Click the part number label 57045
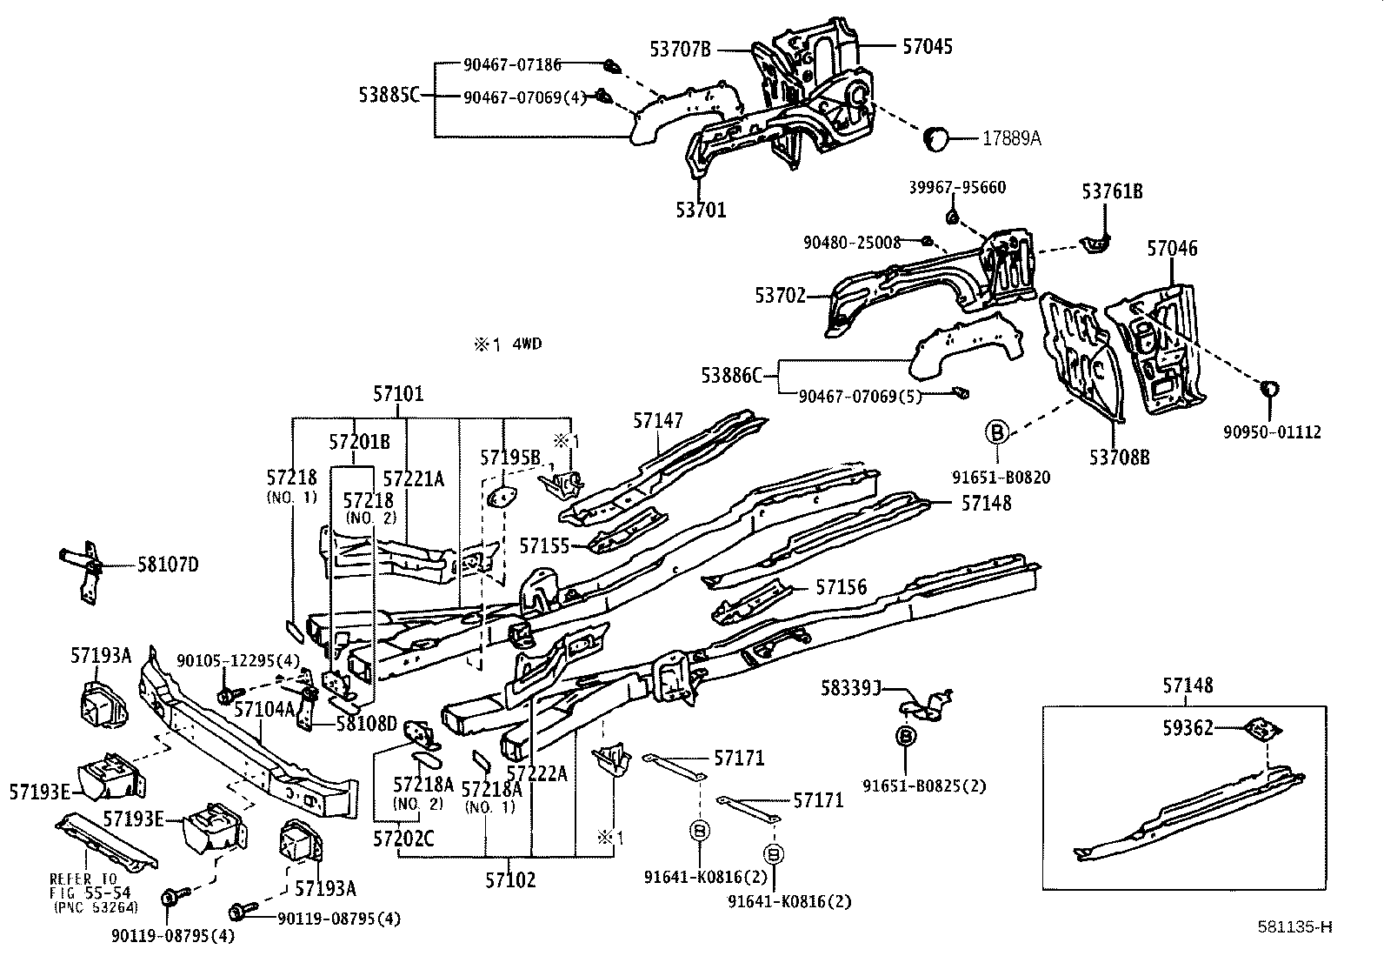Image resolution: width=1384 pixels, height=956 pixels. [x=927, y=47]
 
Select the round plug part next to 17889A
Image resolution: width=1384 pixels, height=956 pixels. [x=935, y=138]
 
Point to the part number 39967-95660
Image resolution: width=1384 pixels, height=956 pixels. [x=957, y=188]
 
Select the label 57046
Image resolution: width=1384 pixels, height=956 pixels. [x=1171, y=249]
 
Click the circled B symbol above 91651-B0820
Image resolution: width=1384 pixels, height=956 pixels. [x=996, y=431]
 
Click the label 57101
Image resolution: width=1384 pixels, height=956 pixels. [x=398, y=394]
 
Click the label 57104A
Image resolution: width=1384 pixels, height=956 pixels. [x=263, y=709]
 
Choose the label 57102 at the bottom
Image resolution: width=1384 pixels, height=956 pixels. [x=510, y=879]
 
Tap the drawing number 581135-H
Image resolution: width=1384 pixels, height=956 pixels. [x=1294, y=926]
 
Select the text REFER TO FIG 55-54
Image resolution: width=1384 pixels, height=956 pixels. [x=84, y=884]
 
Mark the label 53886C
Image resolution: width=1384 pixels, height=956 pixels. [x=731, y=375]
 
